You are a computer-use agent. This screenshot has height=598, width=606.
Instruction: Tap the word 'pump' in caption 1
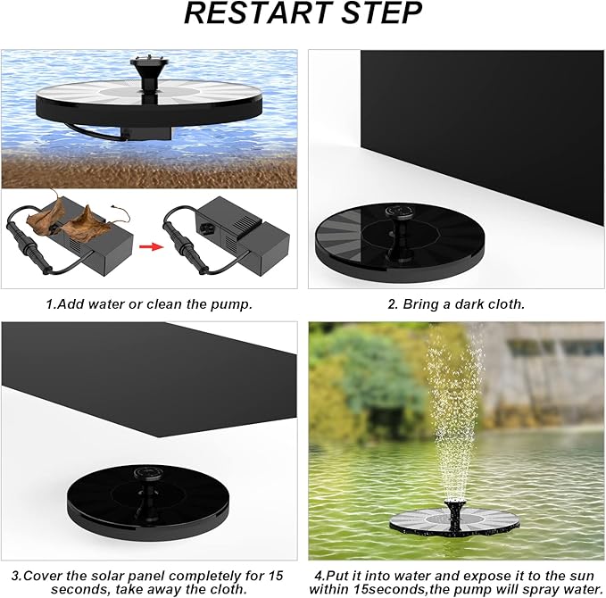(x=235, y=303)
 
